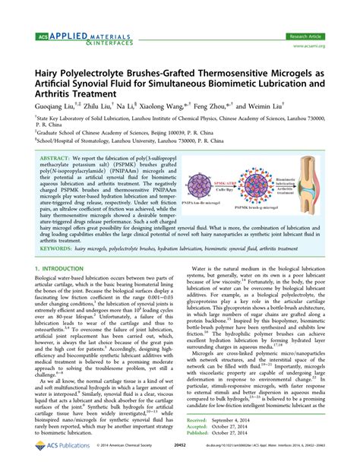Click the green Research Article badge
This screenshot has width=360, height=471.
305,36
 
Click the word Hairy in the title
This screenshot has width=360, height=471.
47,70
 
